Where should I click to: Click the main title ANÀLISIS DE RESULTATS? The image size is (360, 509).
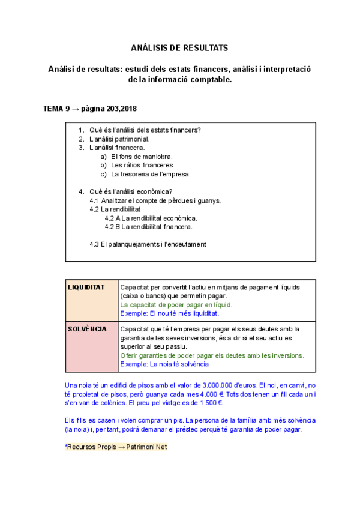click(179, 47)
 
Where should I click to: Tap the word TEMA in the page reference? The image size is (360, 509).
click(53, 109)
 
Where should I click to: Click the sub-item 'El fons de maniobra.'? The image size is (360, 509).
click(142, 156)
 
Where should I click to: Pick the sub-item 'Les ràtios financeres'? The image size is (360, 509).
click(142, 165)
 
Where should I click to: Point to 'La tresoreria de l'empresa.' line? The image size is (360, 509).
click(151, 174)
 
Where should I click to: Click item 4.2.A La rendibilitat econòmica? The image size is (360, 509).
click(151, 218)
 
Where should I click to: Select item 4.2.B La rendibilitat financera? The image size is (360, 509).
click(149, 227)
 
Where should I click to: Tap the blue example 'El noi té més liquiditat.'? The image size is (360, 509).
click(170, 313)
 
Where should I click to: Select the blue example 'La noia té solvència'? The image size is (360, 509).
click(164, 364)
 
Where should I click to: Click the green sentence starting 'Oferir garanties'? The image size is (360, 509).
click(212, 355)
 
